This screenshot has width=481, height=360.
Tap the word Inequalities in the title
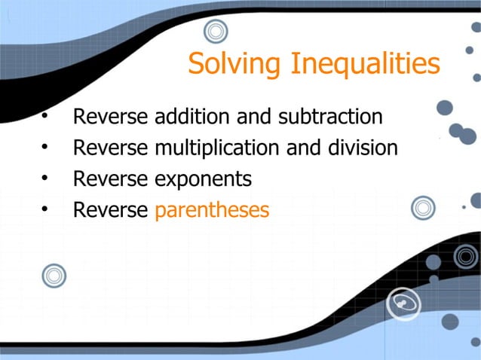coord(363,64)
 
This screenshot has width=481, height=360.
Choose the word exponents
coord(203,179)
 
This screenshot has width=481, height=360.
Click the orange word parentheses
coord(212,210)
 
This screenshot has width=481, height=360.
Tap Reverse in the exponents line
coord(110,179)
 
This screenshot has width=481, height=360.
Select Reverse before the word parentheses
coord(110,210)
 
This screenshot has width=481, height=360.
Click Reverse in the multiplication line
coord(110,148)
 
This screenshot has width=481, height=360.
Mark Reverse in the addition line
coord(110,117)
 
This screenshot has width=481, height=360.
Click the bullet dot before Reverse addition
coord(45,117)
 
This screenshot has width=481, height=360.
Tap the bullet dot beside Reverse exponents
coord(45,179)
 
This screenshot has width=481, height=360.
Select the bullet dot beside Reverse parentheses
coord(45,210)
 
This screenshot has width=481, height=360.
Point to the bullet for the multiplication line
coord(45,148)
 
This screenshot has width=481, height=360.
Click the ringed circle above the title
coord(216,32)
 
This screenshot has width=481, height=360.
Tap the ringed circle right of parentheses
coord(423,209)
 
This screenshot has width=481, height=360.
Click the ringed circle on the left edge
coord(54,276)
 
